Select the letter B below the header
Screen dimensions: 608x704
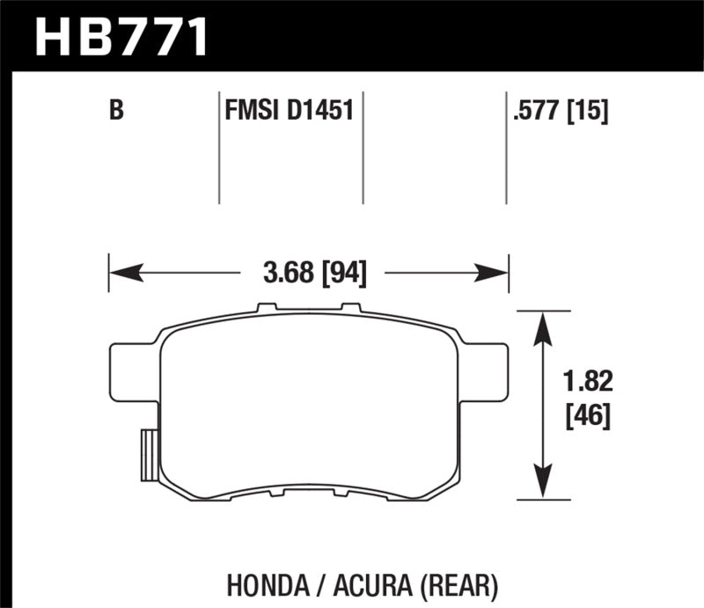115,112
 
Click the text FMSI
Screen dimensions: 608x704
251,112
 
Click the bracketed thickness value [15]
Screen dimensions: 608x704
590,112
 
